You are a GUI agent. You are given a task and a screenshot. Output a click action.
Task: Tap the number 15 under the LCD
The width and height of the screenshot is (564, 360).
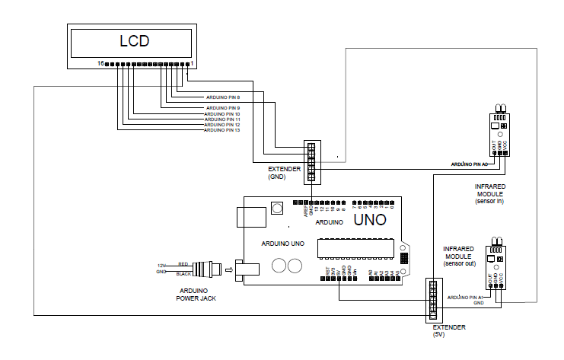click(x=100, y=65)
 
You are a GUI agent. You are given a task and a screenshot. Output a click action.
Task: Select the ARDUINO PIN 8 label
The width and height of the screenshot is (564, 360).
click(x=223, y=97)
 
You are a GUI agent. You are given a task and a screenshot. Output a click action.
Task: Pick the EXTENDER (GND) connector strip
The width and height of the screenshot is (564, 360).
click(x=312, y=162)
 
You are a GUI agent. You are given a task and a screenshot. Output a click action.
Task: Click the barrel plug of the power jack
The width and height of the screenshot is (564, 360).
click(x=208, y=269)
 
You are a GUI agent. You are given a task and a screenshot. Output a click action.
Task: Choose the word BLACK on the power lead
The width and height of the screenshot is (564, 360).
click(x=183, y=273)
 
